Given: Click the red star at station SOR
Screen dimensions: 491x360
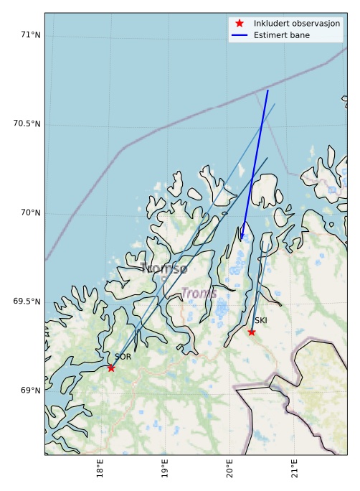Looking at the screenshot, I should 111,368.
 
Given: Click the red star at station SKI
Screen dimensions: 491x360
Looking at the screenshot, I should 252,332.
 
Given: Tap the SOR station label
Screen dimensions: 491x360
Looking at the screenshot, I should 123,357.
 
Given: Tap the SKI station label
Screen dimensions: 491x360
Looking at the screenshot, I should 261,320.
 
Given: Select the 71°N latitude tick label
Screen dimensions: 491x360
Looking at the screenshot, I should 29,34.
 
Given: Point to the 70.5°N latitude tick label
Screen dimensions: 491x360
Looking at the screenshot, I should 27,123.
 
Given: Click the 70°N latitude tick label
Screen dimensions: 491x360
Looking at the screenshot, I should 29,212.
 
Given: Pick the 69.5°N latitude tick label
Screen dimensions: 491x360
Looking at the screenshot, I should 27,301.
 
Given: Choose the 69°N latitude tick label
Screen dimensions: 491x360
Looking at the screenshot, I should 29,391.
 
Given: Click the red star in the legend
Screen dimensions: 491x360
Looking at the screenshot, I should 240,23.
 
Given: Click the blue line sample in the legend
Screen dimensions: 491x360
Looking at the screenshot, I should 240,34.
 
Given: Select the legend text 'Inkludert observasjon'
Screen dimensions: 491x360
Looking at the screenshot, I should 297,23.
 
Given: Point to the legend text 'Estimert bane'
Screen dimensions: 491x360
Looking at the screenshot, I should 282,34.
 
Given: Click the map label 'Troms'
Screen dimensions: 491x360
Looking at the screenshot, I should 199,293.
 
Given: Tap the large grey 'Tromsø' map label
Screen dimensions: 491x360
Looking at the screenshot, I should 164,268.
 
